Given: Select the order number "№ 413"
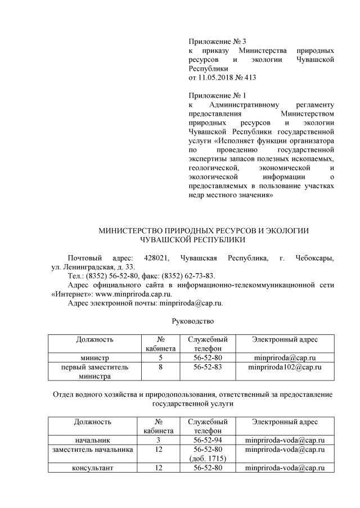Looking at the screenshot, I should click(x=251, y=77).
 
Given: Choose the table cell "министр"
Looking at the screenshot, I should click(x=94, y=357).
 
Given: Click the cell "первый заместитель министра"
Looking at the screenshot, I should click(x=94, y=371).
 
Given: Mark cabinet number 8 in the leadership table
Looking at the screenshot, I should click(x=160, y=367).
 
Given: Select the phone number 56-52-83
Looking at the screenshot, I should click(x=208, y=367).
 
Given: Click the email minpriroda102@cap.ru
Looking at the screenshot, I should click(x=285, y=367).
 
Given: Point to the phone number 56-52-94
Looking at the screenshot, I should click(x=208, y=439).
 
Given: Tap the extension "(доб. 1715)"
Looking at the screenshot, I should click(x=208, y=458).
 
